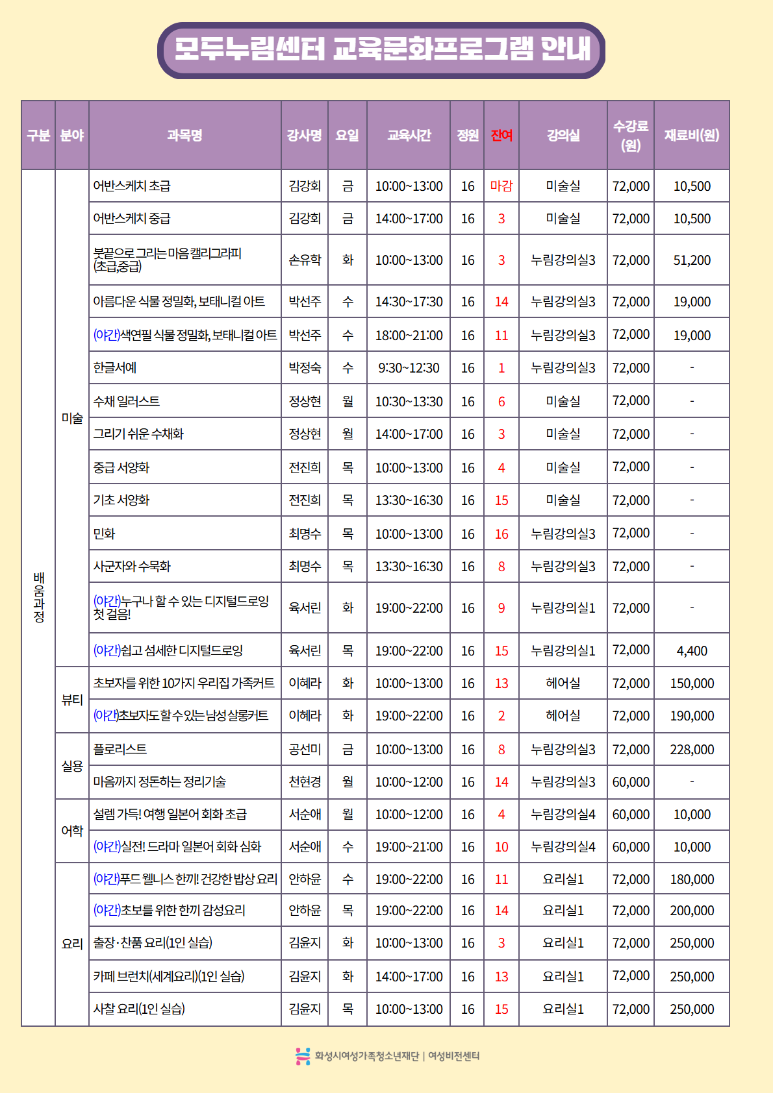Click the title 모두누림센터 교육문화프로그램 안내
[382, 49]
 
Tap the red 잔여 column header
[501, 135]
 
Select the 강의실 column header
[563, 135]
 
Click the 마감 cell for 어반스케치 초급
[501, 186]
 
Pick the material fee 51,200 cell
[692, 260]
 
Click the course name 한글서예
[115, 368]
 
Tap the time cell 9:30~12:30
[409, 368]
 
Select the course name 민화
[105, 534]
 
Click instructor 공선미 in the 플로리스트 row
[305, 750]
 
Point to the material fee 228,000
[692, 750]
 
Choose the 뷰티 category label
[72, 700]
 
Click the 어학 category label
[72, 831]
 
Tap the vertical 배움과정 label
[39, 597]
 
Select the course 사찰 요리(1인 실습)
[139, 1009]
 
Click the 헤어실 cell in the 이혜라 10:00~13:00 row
[563, 683]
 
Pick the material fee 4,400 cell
[692, 651]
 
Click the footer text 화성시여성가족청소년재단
[367, 1056]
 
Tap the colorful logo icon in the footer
[303, 1056]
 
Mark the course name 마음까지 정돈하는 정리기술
[160, 782]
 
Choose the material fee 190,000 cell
[692, 716]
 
